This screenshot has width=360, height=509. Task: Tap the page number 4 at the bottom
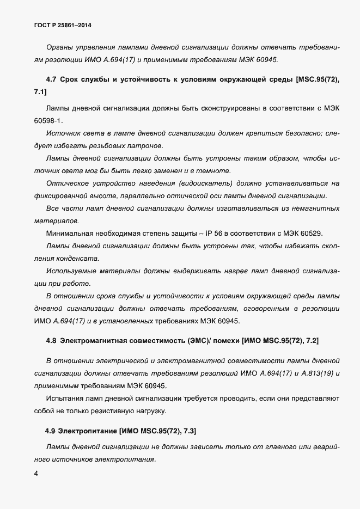pos(36,474)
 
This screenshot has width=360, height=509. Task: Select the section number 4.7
pos(52,79)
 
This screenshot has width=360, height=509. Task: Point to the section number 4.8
pos(52,341)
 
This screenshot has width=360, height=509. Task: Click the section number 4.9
pos(51,431)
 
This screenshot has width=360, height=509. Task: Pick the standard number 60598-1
pos(48,120)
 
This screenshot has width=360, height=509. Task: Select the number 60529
pos(311,234)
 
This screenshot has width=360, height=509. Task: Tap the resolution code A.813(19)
pos(317,373)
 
